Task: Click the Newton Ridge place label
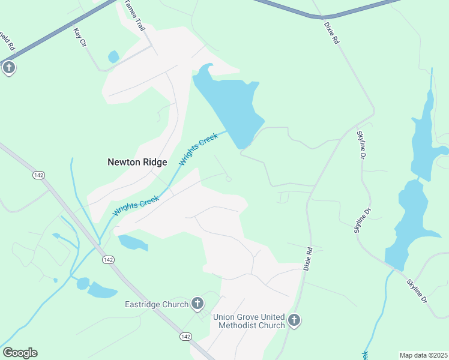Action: [x=137, y=162]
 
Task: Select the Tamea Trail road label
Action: [x=134, y=16]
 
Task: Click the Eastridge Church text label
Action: [x=157, y=304]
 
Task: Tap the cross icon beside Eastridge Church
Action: [x=197, y=304]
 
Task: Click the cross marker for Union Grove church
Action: [x=294, y=320]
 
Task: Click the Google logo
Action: [x=20, y=353]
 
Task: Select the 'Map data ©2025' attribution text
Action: [x=423, y=355]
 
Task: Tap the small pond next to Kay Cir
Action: [x=113, y=57]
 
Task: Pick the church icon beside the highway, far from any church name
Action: [x=8, y=67]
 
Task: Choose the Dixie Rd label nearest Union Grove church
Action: [x=308, y=258]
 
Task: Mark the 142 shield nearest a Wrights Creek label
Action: [x=108, y=259]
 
